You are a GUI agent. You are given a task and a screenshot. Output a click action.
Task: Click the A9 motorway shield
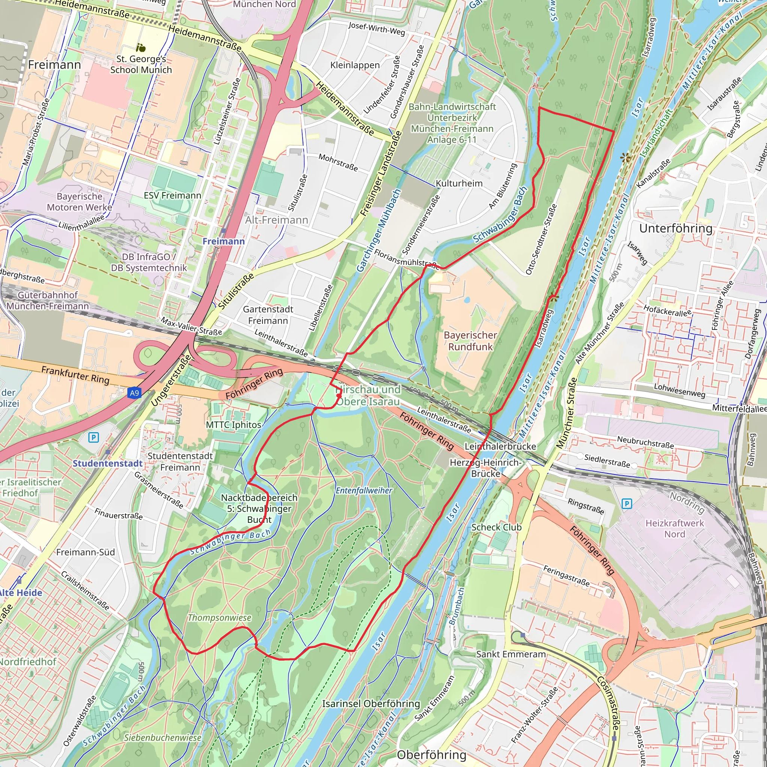[134, 393]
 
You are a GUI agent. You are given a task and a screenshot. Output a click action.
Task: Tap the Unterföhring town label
[676, 228]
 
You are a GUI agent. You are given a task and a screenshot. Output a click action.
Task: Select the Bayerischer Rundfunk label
[470, 341]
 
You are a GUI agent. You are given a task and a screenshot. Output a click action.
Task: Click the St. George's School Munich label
[141, 64]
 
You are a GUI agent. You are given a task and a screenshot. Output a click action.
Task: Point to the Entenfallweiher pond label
[364, 490]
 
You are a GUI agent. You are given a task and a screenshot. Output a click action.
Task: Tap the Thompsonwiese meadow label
[219, 618]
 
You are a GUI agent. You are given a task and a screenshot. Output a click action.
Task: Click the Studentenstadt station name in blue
[107, 463]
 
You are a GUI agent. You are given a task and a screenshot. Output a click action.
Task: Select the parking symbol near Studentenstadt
[93, 437]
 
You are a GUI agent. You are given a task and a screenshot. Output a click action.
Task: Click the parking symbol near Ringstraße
[627, 504]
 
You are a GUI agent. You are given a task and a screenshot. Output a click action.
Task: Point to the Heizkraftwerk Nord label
[674, 528]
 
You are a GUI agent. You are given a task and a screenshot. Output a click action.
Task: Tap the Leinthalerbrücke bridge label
[500, 446]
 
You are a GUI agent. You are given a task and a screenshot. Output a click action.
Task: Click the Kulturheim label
[459, 184]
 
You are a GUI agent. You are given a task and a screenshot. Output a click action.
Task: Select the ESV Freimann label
[172, 195]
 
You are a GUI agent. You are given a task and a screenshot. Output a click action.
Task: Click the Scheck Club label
[496, 527]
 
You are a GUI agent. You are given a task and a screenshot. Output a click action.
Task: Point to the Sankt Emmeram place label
[511, 654]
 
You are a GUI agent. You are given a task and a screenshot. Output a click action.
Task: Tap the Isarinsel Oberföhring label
[371, 703]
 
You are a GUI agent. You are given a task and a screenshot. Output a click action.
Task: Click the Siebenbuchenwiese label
[163, 738]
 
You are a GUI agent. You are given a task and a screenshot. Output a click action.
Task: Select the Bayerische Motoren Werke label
[79, 202]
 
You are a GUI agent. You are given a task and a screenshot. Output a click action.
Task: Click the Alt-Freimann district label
[276, 220]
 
